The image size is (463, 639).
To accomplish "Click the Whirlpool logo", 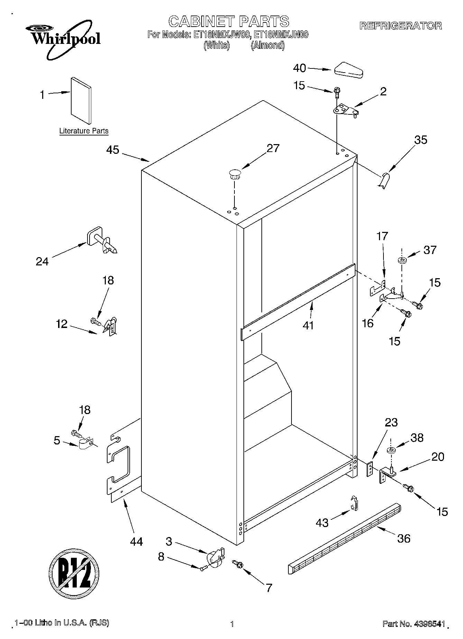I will [x=64, y=40].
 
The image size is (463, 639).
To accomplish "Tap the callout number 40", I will [x=299, y=68].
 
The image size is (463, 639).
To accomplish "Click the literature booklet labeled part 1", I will [x=82, y=100].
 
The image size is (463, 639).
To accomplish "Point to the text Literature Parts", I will [x=84, y=131].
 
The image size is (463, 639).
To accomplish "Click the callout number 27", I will [x=273, y=148].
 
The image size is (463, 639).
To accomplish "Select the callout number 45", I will [x=113, y=150].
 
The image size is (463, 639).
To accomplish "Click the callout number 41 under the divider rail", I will [x=308, y=325].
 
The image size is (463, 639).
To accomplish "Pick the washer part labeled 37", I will [x=402, y=260].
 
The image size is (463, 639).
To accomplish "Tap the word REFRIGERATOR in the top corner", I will [x=400, y=26].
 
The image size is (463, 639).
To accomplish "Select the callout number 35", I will [x=421, y=140].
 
